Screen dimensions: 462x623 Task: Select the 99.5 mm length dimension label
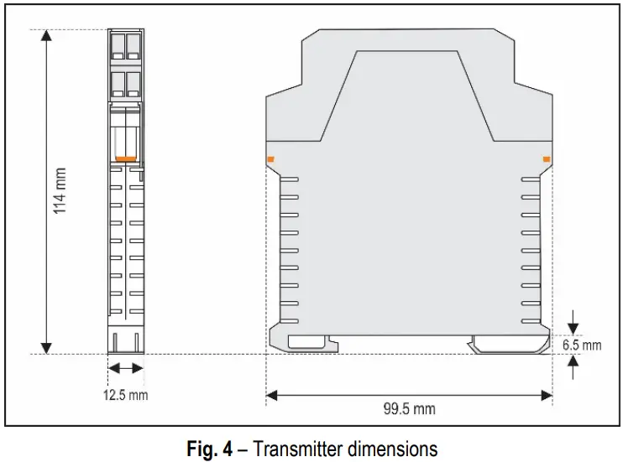pos(409,408)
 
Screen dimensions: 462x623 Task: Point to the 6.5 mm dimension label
pos(582,345)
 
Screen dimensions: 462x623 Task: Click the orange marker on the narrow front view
pos(125,158)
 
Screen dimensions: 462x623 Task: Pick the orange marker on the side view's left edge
pos(270,158)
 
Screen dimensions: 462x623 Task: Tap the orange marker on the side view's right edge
pos(547,158)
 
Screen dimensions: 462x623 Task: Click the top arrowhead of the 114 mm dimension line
pos(46,37)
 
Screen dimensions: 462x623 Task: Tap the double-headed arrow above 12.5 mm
pos(125,367)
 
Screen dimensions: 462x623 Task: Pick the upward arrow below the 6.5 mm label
pos(573,362)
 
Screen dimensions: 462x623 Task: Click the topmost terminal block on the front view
pos(125,44)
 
